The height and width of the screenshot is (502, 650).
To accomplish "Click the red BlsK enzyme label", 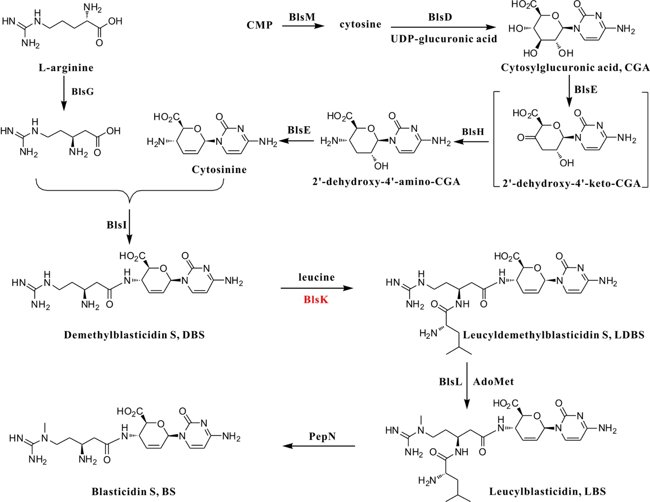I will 316,299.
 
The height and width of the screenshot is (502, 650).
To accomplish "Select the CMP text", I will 260,25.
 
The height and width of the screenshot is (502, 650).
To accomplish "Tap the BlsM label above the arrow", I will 302,17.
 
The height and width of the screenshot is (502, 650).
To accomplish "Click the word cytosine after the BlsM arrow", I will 360,24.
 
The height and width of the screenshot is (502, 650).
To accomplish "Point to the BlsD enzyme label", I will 440,17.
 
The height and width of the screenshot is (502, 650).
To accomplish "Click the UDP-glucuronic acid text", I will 444,39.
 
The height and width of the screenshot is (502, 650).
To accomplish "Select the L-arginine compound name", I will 66,67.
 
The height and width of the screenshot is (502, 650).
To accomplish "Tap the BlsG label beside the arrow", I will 82,91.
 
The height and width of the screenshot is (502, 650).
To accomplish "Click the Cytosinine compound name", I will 219,169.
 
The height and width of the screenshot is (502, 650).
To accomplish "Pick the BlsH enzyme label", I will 473,132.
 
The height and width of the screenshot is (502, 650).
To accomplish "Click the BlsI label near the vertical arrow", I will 117,225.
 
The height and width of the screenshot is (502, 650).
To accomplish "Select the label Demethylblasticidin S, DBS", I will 134,335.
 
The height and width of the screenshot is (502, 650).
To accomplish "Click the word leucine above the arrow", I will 316,277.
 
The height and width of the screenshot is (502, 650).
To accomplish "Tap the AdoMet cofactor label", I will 493,381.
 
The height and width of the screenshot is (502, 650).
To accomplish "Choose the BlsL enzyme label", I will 450,381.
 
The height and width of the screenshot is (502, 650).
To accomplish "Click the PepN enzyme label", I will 323,436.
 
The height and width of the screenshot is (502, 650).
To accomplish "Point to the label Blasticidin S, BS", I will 133,491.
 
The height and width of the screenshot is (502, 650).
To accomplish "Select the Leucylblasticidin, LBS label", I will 547,491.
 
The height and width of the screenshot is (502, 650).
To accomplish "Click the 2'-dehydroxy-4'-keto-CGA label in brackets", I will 571,184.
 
